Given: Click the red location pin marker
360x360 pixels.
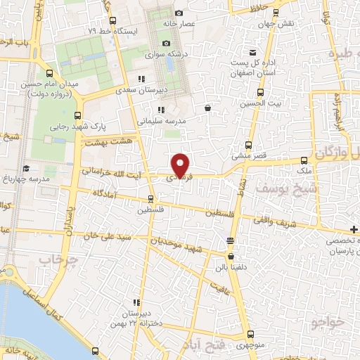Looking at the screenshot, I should (x=181, y=165).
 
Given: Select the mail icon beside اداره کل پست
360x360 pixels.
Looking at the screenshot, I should (x=253, y=53).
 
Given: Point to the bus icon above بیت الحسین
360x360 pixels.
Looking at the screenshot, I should (x=260, y=92).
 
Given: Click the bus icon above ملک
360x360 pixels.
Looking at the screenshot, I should (x=304, y=160).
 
